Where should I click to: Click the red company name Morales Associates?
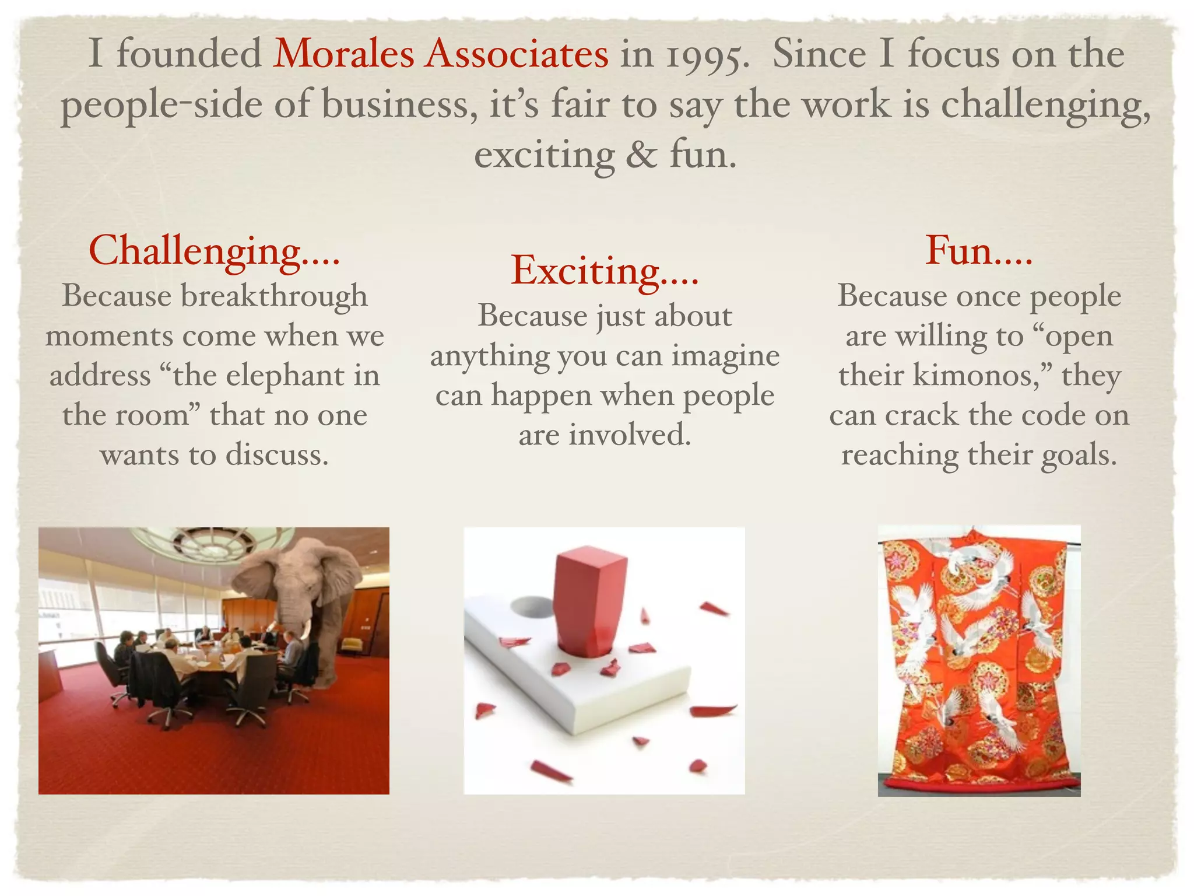[x=441, y=54]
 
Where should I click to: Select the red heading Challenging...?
[x=213, y=251]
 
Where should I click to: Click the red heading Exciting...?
[x=604, y=271]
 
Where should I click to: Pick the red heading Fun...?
[x=978, y=251]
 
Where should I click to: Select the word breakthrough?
[x=274, y=296]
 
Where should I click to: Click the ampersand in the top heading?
[x=641, y=156]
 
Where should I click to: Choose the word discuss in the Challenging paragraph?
[x=277, y=456]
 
